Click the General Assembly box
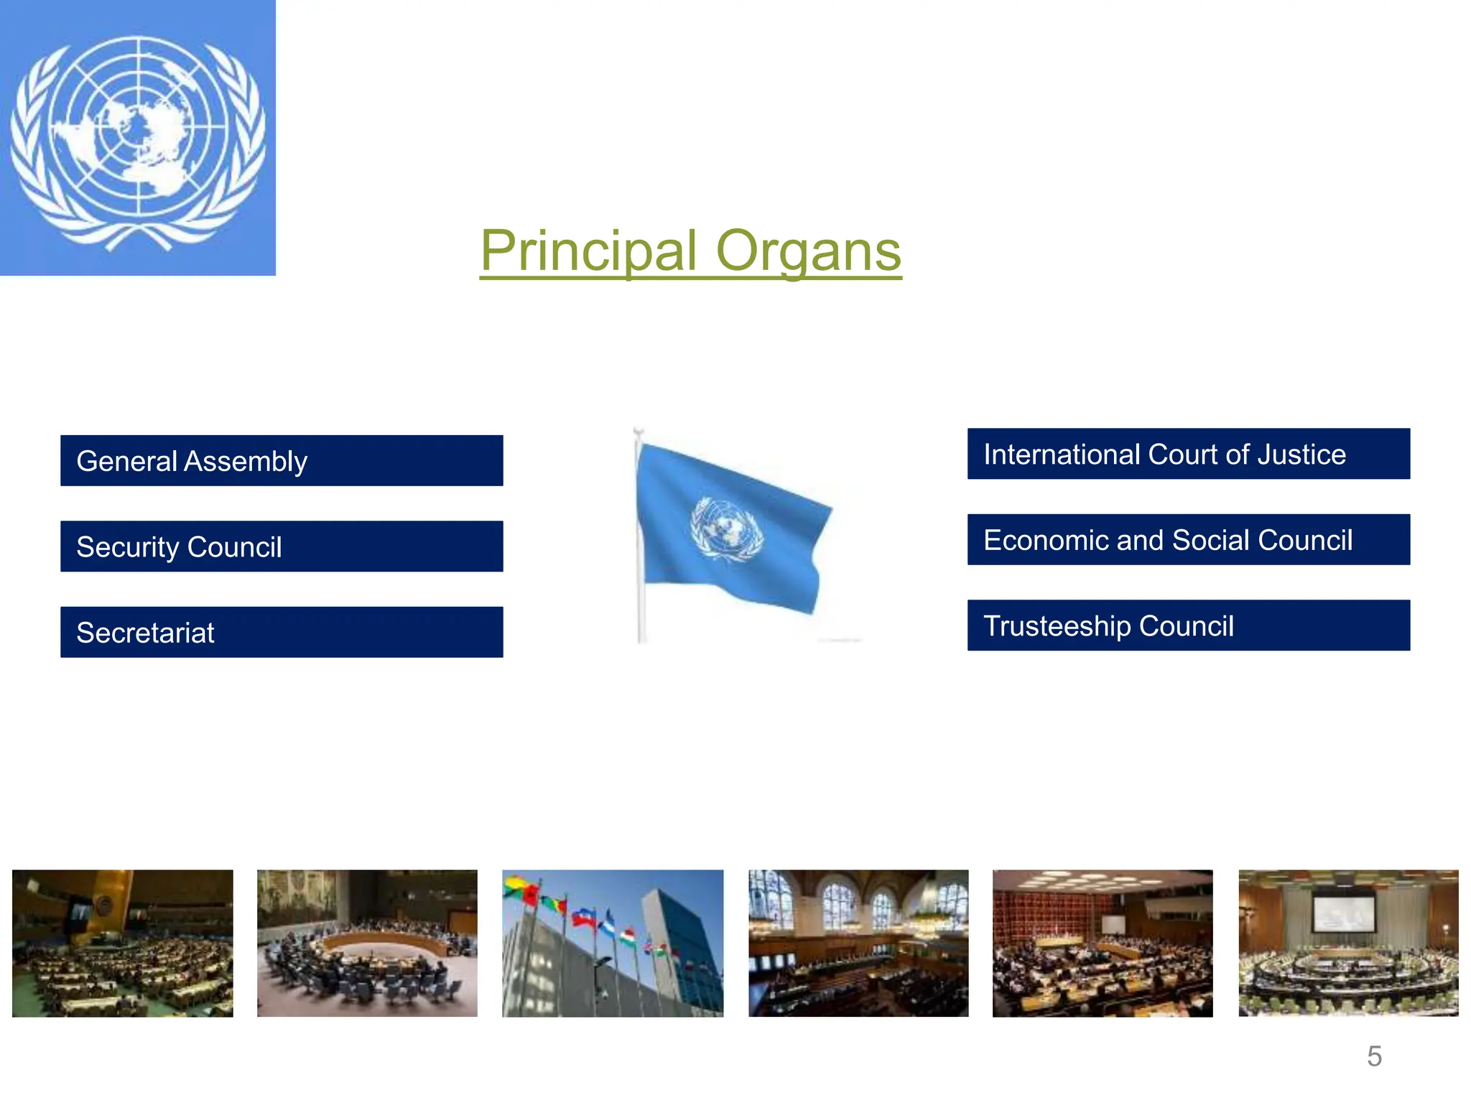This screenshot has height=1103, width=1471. pos(282,460)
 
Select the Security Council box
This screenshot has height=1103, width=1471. pos(282,546)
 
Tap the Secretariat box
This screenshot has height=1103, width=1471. pos(282,632)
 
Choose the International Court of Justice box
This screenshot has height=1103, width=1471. pos(1188,454)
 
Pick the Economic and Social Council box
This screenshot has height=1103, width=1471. pos(1188,539)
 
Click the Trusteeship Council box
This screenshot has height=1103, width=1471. pos(1188,625)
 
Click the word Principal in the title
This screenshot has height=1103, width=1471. pos(588,251)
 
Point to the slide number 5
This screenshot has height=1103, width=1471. pos(1374,1056)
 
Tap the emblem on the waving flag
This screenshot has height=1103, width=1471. pos(726,529)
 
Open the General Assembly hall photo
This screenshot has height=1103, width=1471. pos(123,943)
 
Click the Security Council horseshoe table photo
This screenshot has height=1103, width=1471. pos(367,943)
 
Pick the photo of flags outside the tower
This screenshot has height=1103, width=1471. pos(613,943)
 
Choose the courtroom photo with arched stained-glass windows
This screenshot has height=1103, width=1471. pos(858,943)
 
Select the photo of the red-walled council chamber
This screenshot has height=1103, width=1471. pos(1103,943)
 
